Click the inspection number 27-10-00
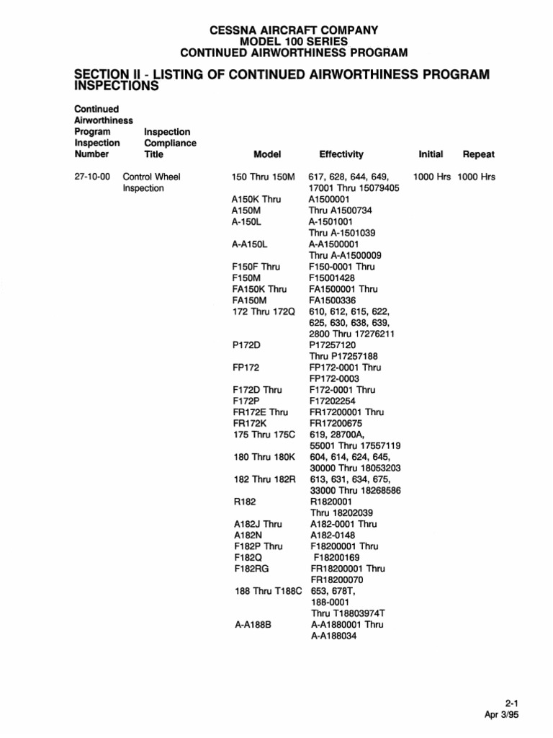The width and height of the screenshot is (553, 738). click(x=91, y=177)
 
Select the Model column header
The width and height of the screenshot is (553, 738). click(x=267, y=154)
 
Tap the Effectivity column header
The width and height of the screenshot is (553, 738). click(x=341, y=154)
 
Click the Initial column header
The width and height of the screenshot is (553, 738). click(x=431, y=154)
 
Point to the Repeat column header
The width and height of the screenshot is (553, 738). click(x=479, y=154)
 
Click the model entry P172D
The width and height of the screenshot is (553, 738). click(x=246, y=345)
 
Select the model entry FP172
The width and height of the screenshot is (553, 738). click(x=246, y=368)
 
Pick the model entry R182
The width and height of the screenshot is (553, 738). click(x=245, y=502)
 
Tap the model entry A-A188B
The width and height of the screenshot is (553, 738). click(x=251, y=625)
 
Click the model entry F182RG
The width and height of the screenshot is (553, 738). click(x=250, y=569)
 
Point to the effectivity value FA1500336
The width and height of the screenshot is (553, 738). click(x=336, y=301)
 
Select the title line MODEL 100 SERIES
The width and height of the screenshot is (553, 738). click(x=293, y=41)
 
